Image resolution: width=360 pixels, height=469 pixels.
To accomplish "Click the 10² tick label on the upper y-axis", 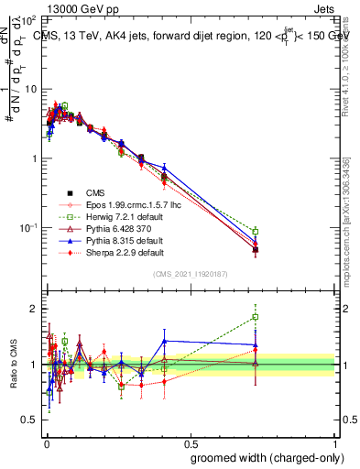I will [30, 19].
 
